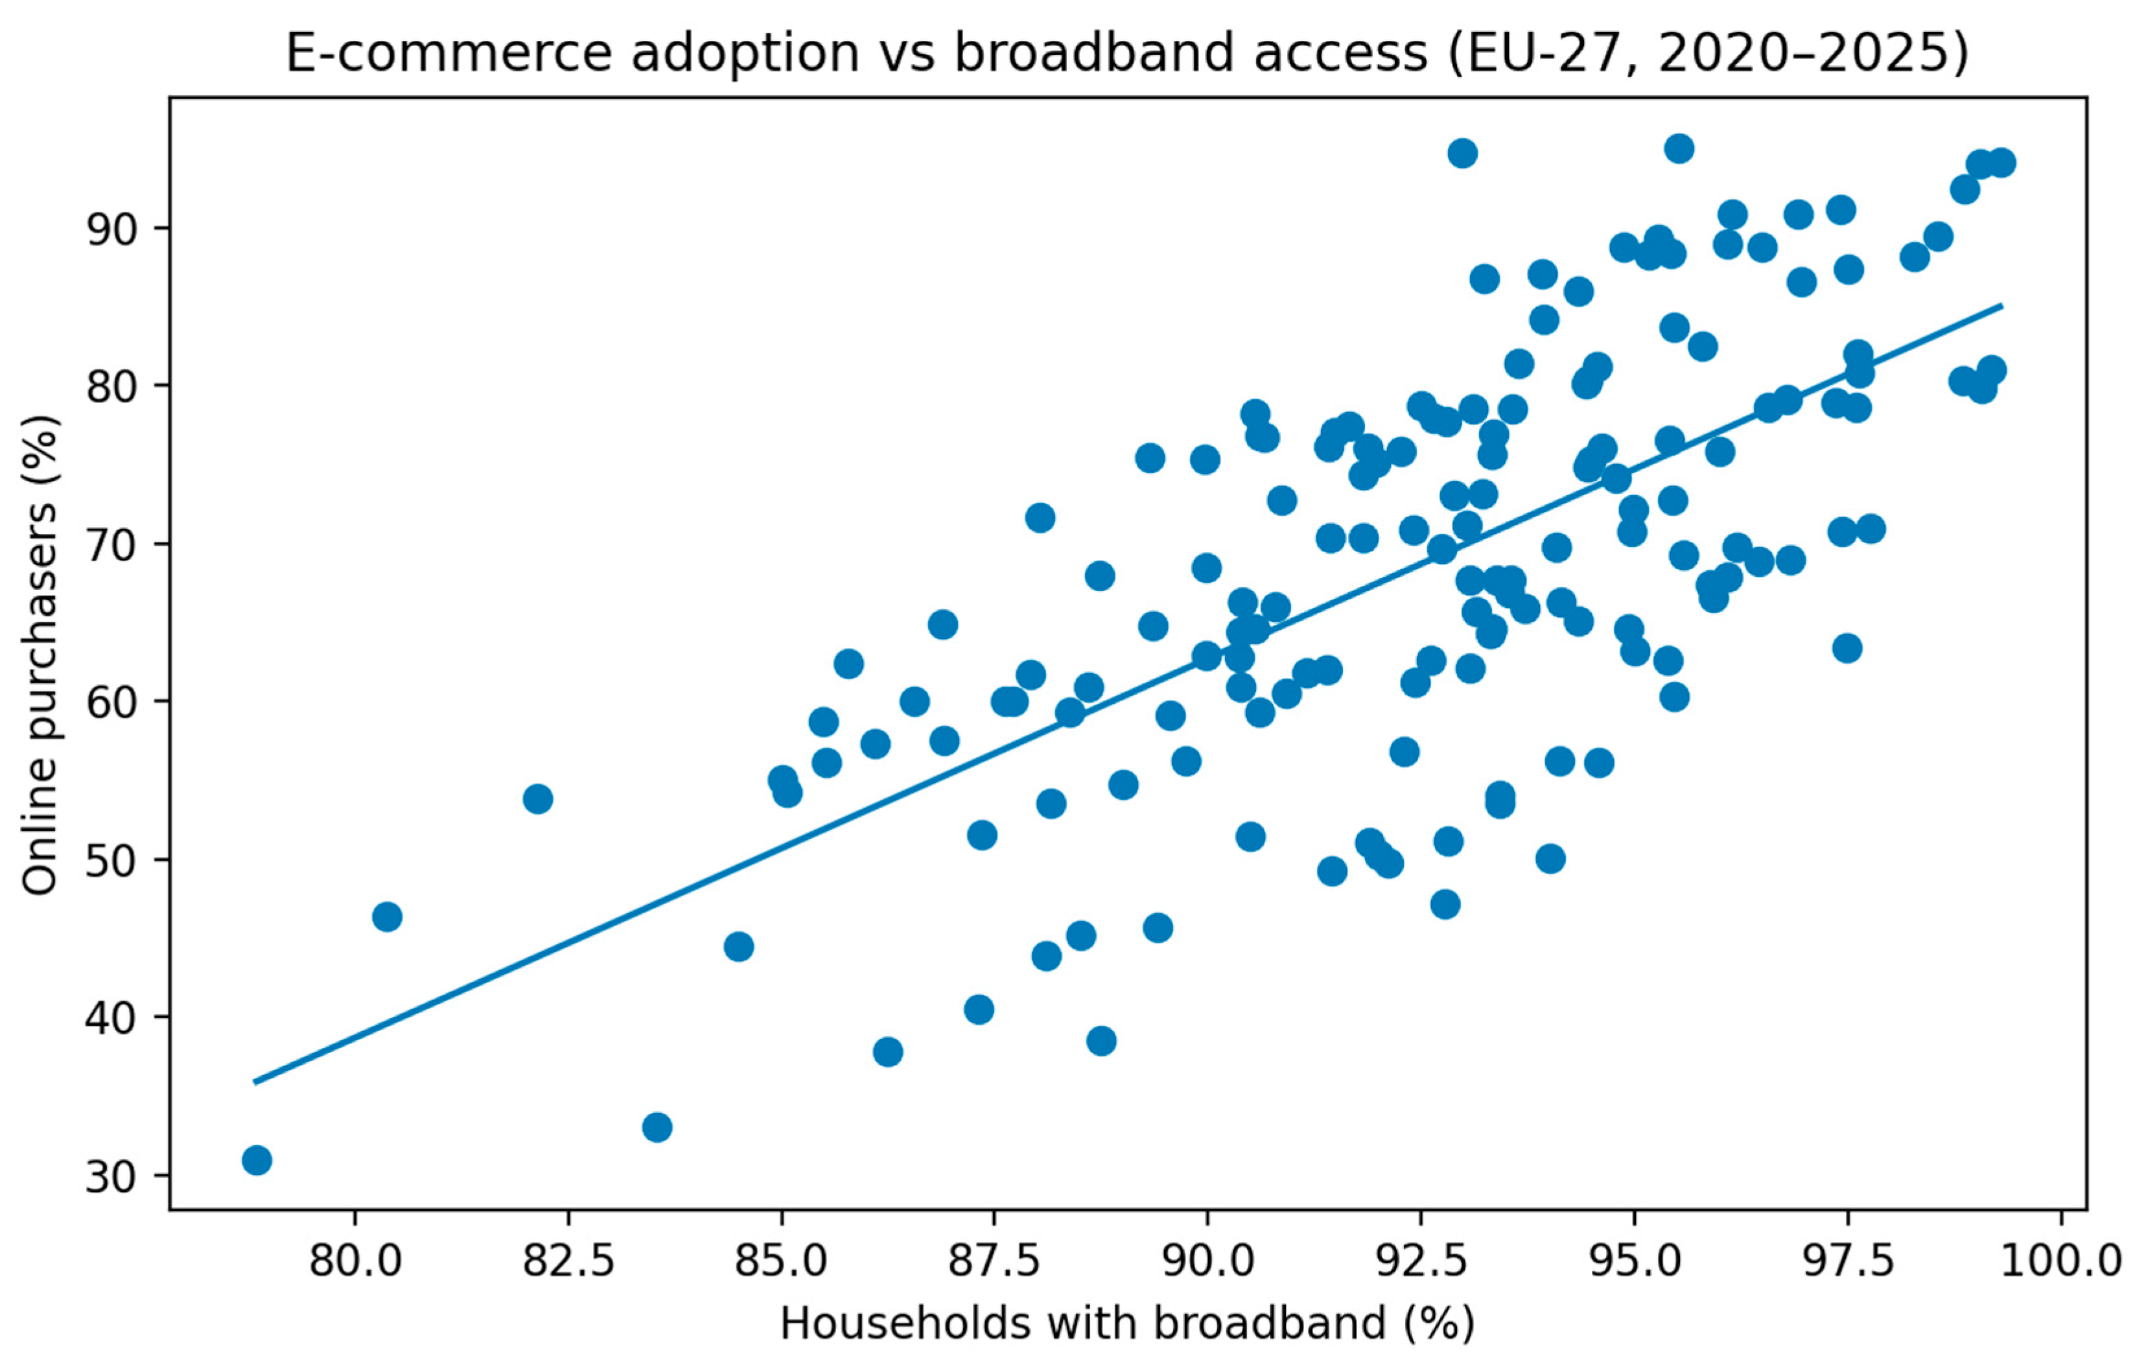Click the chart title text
point(1126,53)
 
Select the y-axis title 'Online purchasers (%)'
point(40,655)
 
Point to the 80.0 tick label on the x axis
point(355,1262)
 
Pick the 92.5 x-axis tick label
point(1420,1262)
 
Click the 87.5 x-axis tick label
point(994,1262)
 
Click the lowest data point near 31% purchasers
point(257,1161)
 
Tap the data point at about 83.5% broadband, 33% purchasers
point(657,1128)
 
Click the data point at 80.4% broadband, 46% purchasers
point(387,917)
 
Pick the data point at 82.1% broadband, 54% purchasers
point(537,799)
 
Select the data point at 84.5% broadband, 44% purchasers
point(739,946)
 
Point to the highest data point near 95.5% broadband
point(1679,149)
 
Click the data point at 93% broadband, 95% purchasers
point(1462,153)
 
